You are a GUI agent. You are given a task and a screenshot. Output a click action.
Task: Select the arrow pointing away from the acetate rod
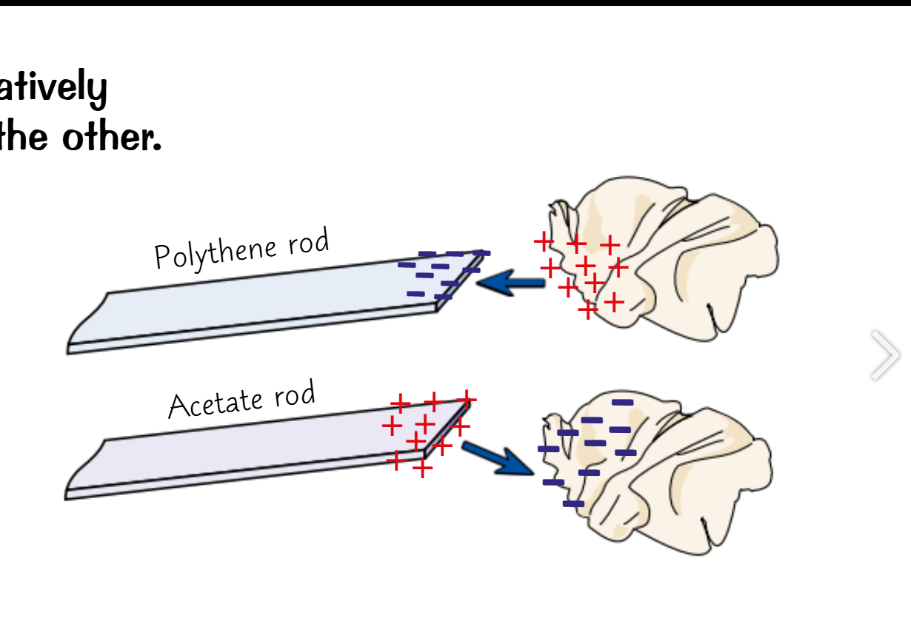pos(497,457)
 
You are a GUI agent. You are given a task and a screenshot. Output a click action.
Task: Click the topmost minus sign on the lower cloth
pos(623,402)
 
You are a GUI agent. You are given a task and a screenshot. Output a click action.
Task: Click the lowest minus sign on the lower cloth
pos(573,503)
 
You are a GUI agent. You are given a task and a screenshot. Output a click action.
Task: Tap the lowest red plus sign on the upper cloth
pos(588,309)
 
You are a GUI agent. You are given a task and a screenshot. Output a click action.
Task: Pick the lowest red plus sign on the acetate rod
pos(422,468)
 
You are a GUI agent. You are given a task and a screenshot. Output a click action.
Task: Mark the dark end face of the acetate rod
pos(447,429)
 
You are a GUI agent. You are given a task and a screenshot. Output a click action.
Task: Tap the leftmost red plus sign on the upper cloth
pos(544,241)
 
